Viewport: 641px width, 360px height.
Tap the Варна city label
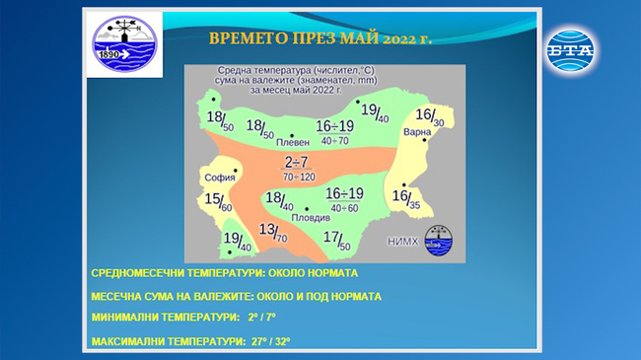pyautogui.click(x=417, y=131)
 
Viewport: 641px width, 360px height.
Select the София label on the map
pyautogui.click(x=219, y=178)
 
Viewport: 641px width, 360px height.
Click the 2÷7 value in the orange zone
pyautogui.click(x=297, y=162)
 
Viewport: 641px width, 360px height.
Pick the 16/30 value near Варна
pyautogui.click(x=430, y=116)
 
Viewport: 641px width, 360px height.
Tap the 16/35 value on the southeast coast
pyautogui.click(x=405, y=198)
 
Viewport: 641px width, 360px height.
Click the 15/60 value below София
pyautogui.click(x=218, y=202)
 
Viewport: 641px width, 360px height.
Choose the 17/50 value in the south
pyautogui.click(x=337, y=239)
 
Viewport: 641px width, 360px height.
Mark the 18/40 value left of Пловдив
pyautogui.click(x=279, y=201)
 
